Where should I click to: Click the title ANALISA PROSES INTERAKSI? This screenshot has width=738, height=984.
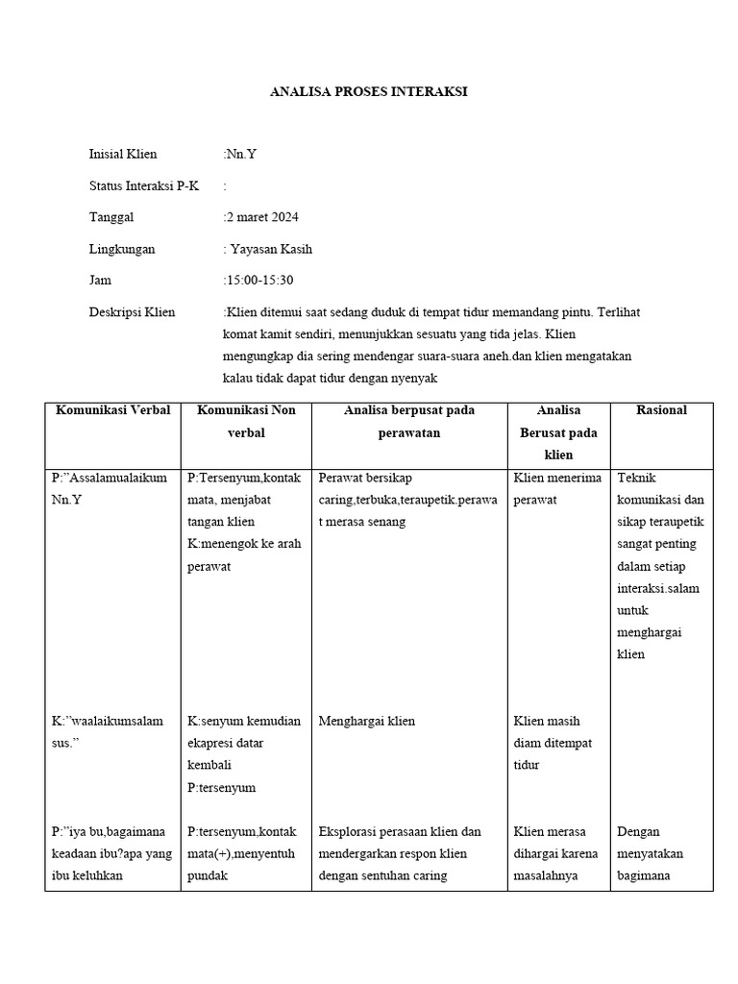[x=369, y=92]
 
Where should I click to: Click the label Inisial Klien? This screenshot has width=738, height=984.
[x=122, y=154]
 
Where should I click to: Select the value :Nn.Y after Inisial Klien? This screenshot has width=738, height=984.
[x=240, y=154]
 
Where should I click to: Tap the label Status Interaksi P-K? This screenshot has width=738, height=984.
[x=143, y=185]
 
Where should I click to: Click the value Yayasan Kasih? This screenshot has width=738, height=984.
[x=270, y=249]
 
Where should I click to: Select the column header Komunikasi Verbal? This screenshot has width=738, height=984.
[x=112, y=410]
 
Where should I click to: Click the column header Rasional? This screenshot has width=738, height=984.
[x=661, y=410]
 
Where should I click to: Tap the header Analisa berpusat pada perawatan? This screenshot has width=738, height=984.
[x=408, y=421]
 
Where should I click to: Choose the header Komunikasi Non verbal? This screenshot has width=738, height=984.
[x=246, y=421]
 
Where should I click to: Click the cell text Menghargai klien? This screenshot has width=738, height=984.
[x=366, y=721]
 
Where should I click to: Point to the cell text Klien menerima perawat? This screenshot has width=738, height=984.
[x=557, y=488]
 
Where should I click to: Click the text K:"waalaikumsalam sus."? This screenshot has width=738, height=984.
[x=107, y=731]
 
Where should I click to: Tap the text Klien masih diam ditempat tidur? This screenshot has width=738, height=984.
[x=553, y=743]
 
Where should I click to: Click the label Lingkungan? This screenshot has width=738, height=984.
[x=121, y=249]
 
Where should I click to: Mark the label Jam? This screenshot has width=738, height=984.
[x=100, y=281]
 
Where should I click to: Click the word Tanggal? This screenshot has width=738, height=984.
[x=111, y=217]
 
